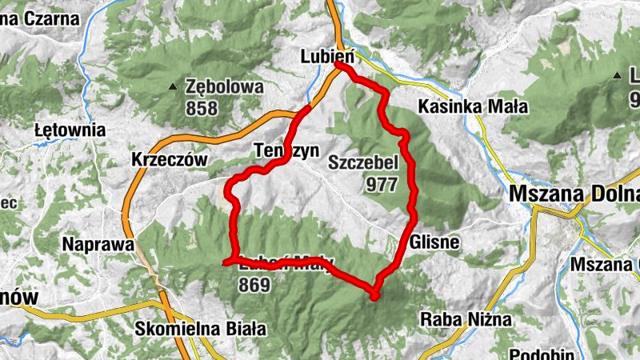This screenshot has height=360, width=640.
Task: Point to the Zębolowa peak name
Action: coord(224,86)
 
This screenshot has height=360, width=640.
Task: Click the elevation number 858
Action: coord(201,107)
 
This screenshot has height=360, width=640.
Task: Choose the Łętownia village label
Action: coord(70,130)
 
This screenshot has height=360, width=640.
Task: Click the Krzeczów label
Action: coord(169,160)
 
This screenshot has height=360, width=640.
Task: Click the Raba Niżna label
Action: coord(466,320)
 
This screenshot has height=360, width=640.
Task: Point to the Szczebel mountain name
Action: coord(363,164)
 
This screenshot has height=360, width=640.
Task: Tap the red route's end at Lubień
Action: coord(339,66)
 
